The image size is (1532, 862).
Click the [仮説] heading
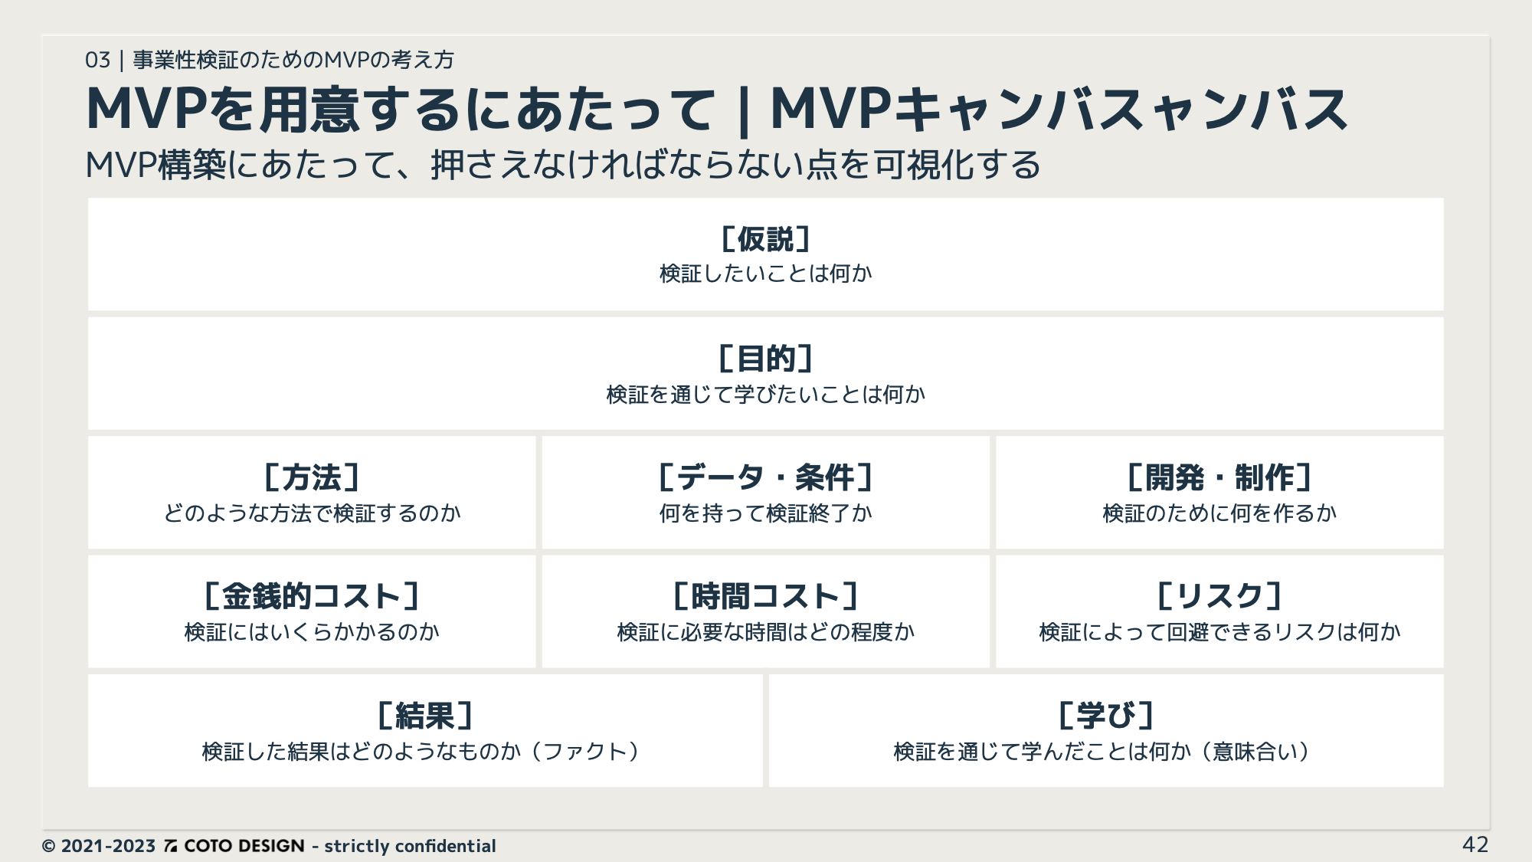click(x=766, y=239)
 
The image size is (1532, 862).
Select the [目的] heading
click(x=766, y=359)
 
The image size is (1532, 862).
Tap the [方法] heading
click(x=312, y=477)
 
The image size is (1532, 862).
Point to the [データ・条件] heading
click(x=766, y=477)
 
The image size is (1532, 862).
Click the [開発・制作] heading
click(x=1219, y=477)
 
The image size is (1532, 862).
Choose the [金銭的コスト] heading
click(x=312, y=596)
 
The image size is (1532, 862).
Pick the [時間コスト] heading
click(x=766, y=596)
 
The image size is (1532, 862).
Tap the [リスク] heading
click(x=1219, y=596)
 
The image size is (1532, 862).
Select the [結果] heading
click(x=425, y=716)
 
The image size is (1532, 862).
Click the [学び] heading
click(x=1106, y=716)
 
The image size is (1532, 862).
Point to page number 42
click(x=1475, y=844)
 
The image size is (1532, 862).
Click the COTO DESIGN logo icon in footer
click(x=171, y=846)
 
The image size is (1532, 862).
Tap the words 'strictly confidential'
click(x=410, y=846)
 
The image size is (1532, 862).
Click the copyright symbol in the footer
click(x=49, y=846)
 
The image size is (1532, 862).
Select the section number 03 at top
click(x=97, y=60)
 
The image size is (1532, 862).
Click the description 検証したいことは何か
click(x=766, y=274)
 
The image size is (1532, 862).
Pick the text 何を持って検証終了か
click(x=766, y=513)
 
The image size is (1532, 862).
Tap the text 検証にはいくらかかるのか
click(x=312, y=632)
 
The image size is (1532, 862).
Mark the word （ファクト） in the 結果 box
click(x=585, y=752)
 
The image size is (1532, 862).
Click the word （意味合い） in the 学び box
click(x=1256, y=752)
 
